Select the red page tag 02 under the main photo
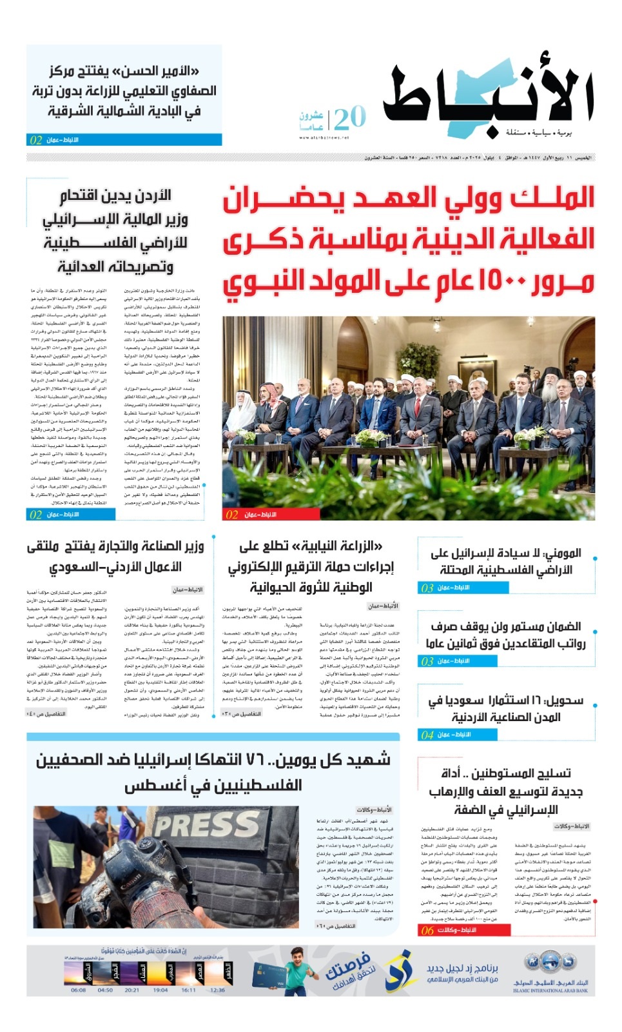tap(232, 515)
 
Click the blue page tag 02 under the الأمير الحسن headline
tap(36, 139)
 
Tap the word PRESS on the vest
tap(206, 825)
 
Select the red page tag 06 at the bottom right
tap(427, 930)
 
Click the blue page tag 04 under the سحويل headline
tap(427, 735)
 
